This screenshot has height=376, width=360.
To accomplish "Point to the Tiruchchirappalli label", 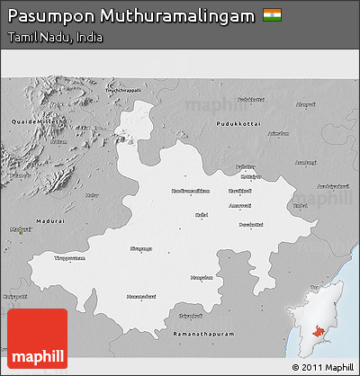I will (125, 90).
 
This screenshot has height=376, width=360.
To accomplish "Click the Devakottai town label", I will (251, 224).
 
